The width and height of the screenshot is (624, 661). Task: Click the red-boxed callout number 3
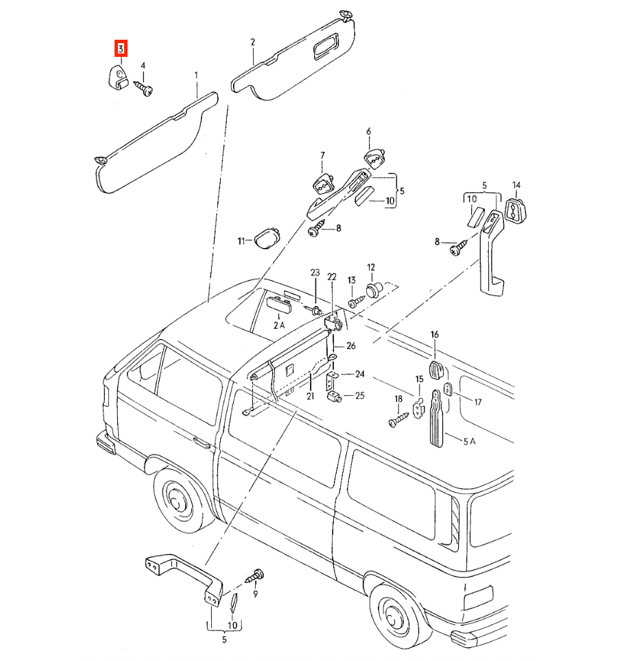coord(121,49)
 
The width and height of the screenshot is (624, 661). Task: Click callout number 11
coord(241,241)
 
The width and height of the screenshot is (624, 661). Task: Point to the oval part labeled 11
coord(267,238)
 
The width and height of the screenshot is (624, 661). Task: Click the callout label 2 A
coord(279,325)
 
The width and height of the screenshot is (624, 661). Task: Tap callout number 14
coord(516,185)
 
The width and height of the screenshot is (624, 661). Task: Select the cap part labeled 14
coord(516,210)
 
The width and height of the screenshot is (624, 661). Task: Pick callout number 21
coord(311,397)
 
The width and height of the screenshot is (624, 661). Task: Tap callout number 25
coord(360,395)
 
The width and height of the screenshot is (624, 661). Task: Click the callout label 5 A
coord(469,441)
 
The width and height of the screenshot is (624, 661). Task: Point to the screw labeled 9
coord(254,576)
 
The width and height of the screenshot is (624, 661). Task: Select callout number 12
coord(371,267)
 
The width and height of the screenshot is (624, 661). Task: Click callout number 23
coord(315,273)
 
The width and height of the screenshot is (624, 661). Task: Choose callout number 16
coord(435,334)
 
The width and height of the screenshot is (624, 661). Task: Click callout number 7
coord(323,155)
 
